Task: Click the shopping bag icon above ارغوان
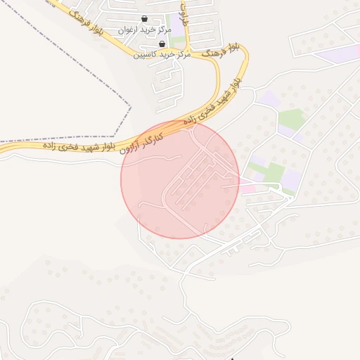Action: click(145, 19)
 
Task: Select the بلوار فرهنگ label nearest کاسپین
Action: click(220, 49)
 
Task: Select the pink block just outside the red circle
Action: click(248, 188)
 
